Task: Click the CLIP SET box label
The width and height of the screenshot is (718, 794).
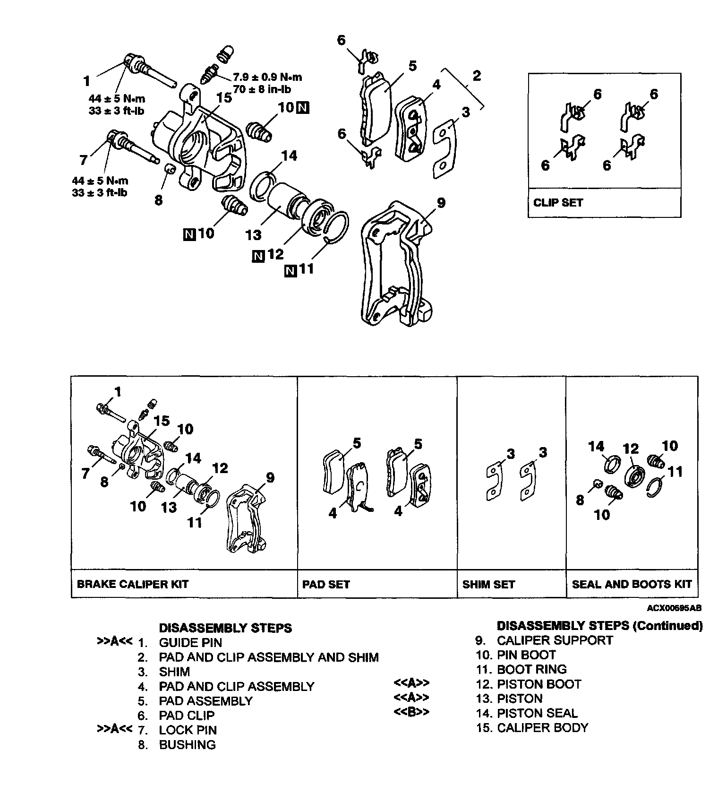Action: click(558, 203)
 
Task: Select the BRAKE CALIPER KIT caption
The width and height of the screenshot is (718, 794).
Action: click(132, 584)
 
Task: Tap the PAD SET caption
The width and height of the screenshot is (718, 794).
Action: click(326, 584)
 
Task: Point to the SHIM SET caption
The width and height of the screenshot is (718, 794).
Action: click(488, 584)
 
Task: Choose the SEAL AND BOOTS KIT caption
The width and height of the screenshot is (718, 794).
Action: click(632, 584)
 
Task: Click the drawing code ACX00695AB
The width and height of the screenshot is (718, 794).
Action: click(674, 608)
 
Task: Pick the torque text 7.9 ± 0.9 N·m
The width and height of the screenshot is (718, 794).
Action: click(267, 78)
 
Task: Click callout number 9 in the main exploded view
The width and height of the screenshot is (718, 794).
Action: click(441, 203)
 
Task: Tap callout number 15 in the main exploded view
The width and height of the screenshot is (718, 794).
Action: click(224, 98)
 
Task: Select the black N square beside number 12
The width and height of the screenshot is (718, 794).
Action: click(258, 257)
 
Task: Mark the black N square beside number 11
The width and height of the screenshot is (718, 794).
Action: click(290, 271)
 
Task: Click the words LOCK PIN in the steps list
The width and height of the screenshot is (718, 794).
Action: click(188, 730)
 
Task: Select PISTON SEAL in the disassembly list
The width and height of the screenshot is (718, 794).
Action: click(537, 713)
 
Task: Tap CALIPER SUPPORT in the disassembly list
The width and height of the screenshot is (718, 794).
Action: click(555, 640)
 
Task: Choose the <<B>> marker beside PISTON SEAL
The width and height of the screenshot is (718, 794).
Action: click(411, 712)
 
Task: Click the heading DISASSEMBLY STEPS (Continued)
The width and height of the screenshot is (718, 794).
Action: click(599, 626)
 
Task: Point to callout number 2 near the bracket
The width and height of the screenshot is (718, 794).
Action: click(476, 76)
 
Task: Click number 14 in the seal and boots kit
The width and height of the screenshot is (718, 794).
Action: click(596, 447)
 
